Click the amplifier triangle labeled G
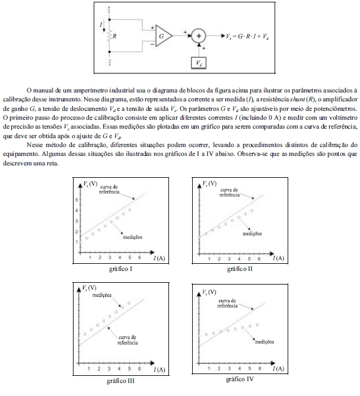[x=162, y=36]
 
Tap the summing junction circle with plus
[x=200, y=36]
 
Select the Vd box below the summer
[x=200, y=62]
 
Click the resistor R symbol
[x=110, y=36]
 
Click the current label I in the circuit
[x=101, y=24]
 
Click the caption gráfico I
[x=120, y=269]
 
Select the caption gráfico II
[x=239, y=269]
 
